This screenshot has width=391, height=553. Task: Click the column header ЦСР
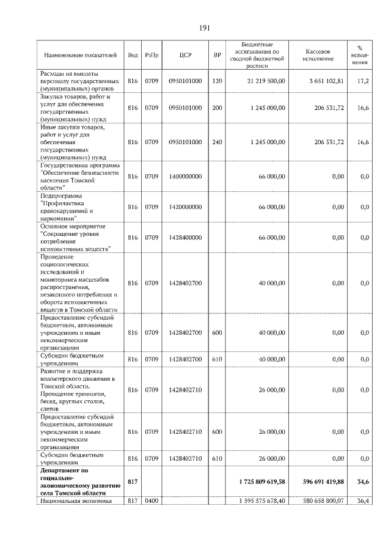[x=186, y=55]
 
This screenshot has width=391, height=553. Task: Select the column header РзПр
[x=152, y=55]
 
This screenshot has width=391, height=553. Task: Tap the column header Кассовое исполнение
[x=318, y=55]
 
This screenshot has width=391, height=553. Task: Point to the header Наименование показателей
[x=79, y=55]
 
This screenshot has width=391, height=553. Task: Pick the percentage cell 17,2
[x=363, y=81]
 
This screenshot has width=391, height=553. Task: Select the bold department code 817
[x=133, y=482]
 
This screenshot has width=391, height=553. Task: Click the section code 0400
[x=152, y=502]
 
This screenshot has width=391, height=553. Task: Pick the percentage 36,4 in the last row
[x=363, y=502]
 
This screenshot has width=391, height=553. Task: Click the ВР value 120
[x=217, y=81]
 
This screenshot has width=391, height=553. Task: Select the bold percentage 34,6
[x=363, y=482]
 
